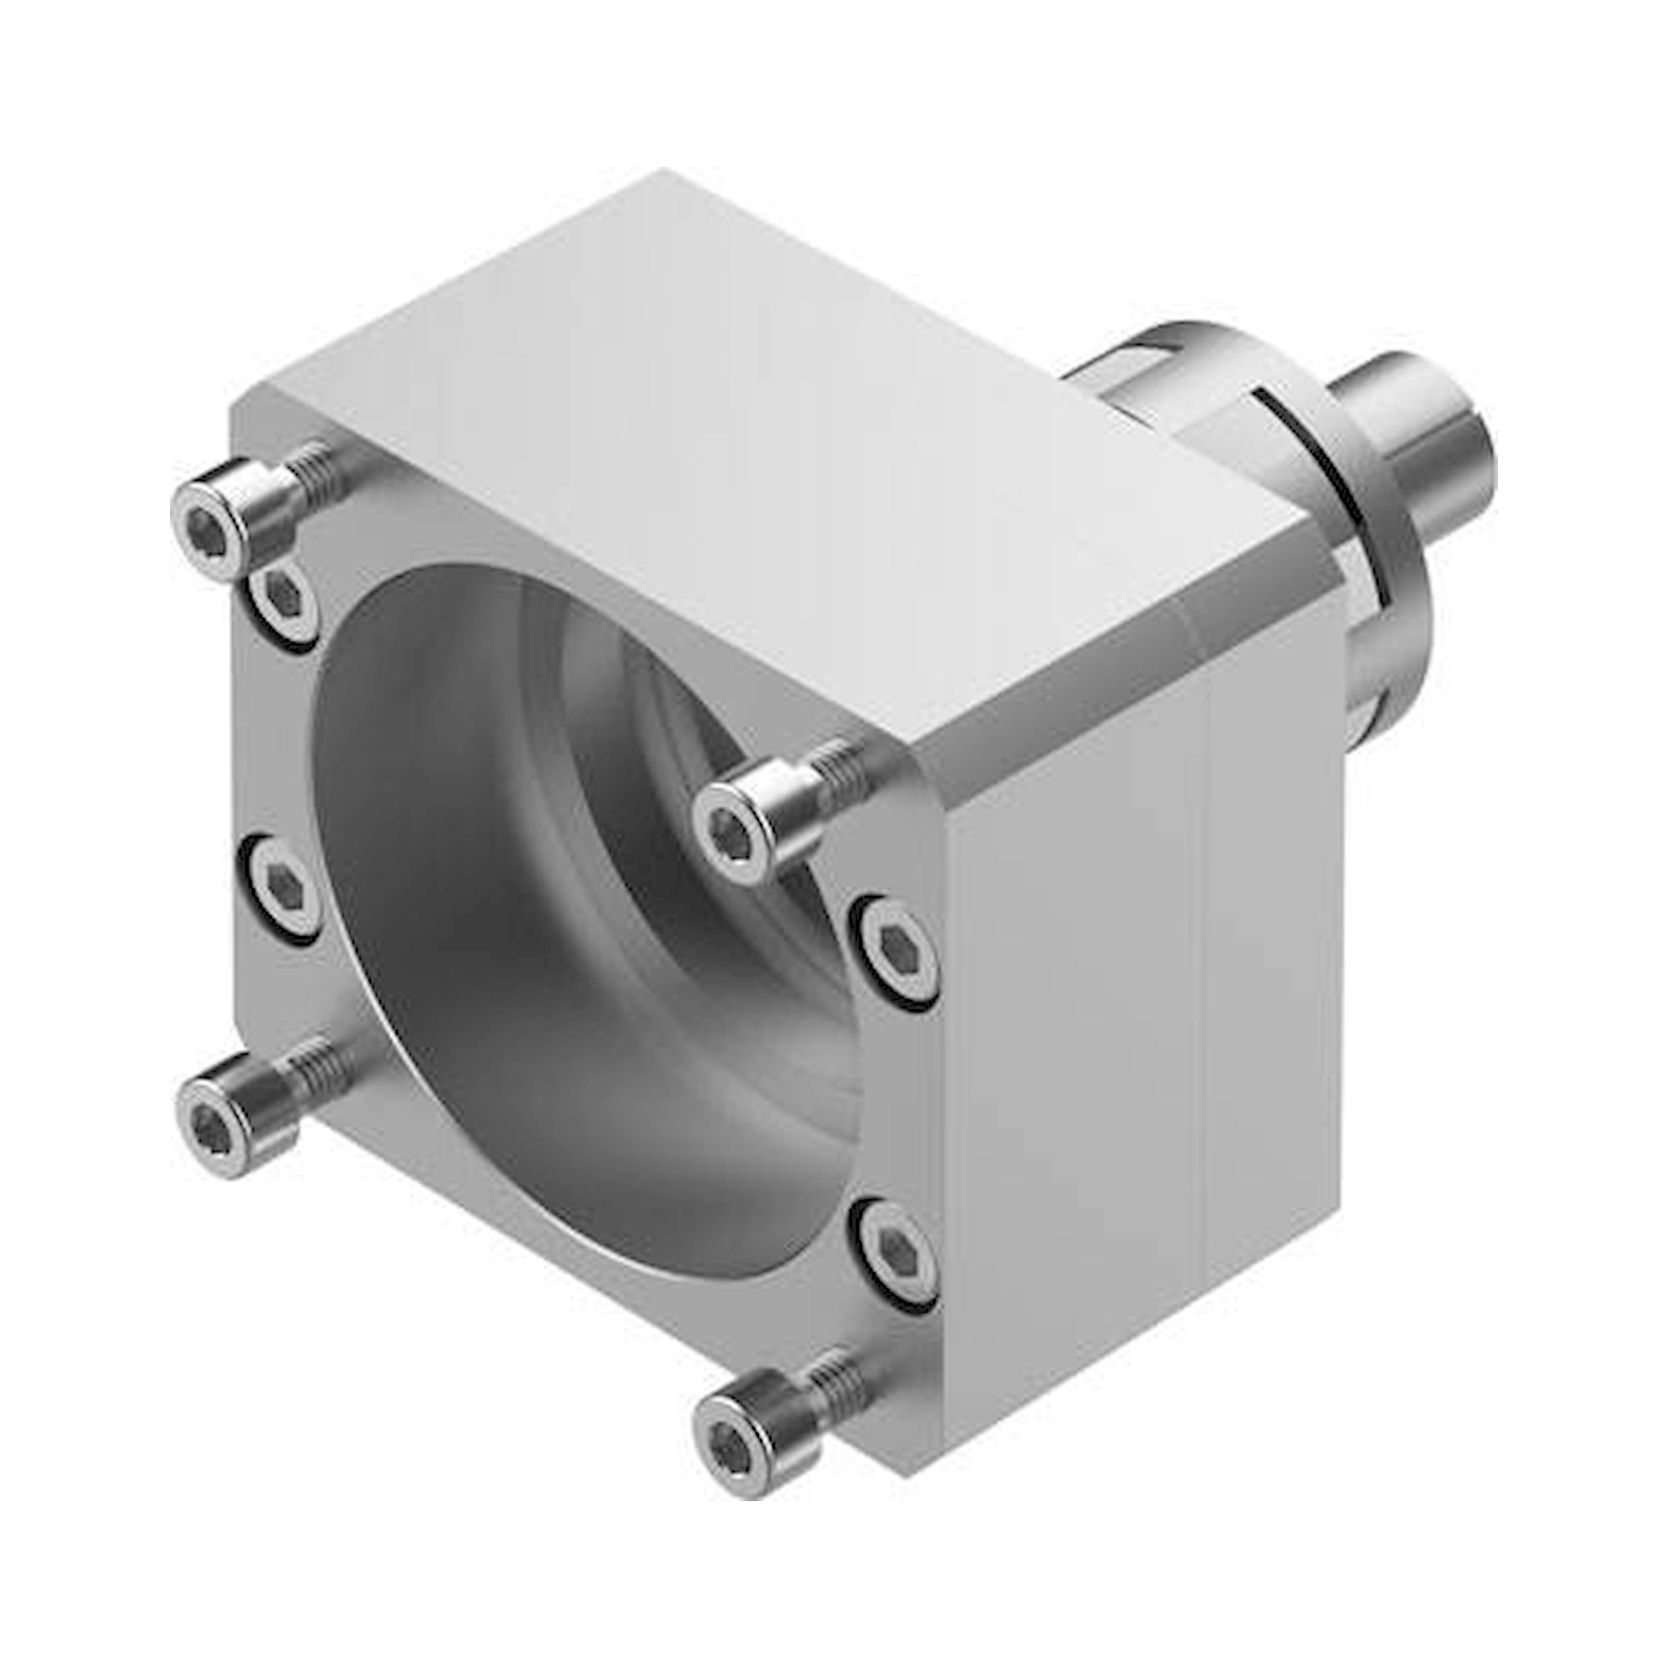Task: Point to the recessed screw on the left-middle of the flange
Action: point(285,886)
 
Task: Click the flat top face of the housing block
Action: point(734,449)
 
